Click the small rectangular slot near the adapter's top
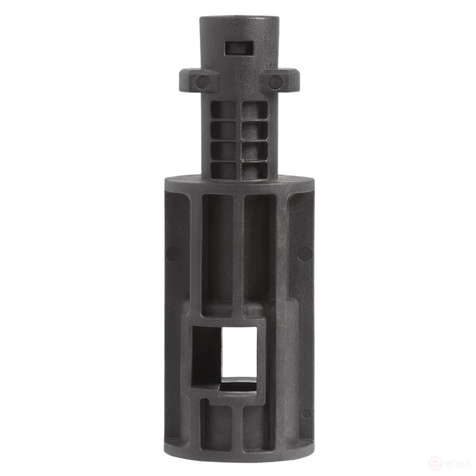239,47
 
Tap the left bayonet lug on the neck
198,80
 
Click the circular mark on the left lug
202,82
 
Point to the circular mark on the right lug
275,82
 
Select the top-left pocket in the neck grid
223,110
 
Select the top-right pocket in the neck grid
254,110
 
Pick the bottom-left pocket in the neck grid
223,170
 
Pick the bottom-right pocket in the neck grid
254,170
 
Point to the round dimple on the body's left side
173,253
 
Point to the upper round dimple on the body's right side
304,254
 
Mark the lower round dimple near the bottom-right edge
306,413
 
